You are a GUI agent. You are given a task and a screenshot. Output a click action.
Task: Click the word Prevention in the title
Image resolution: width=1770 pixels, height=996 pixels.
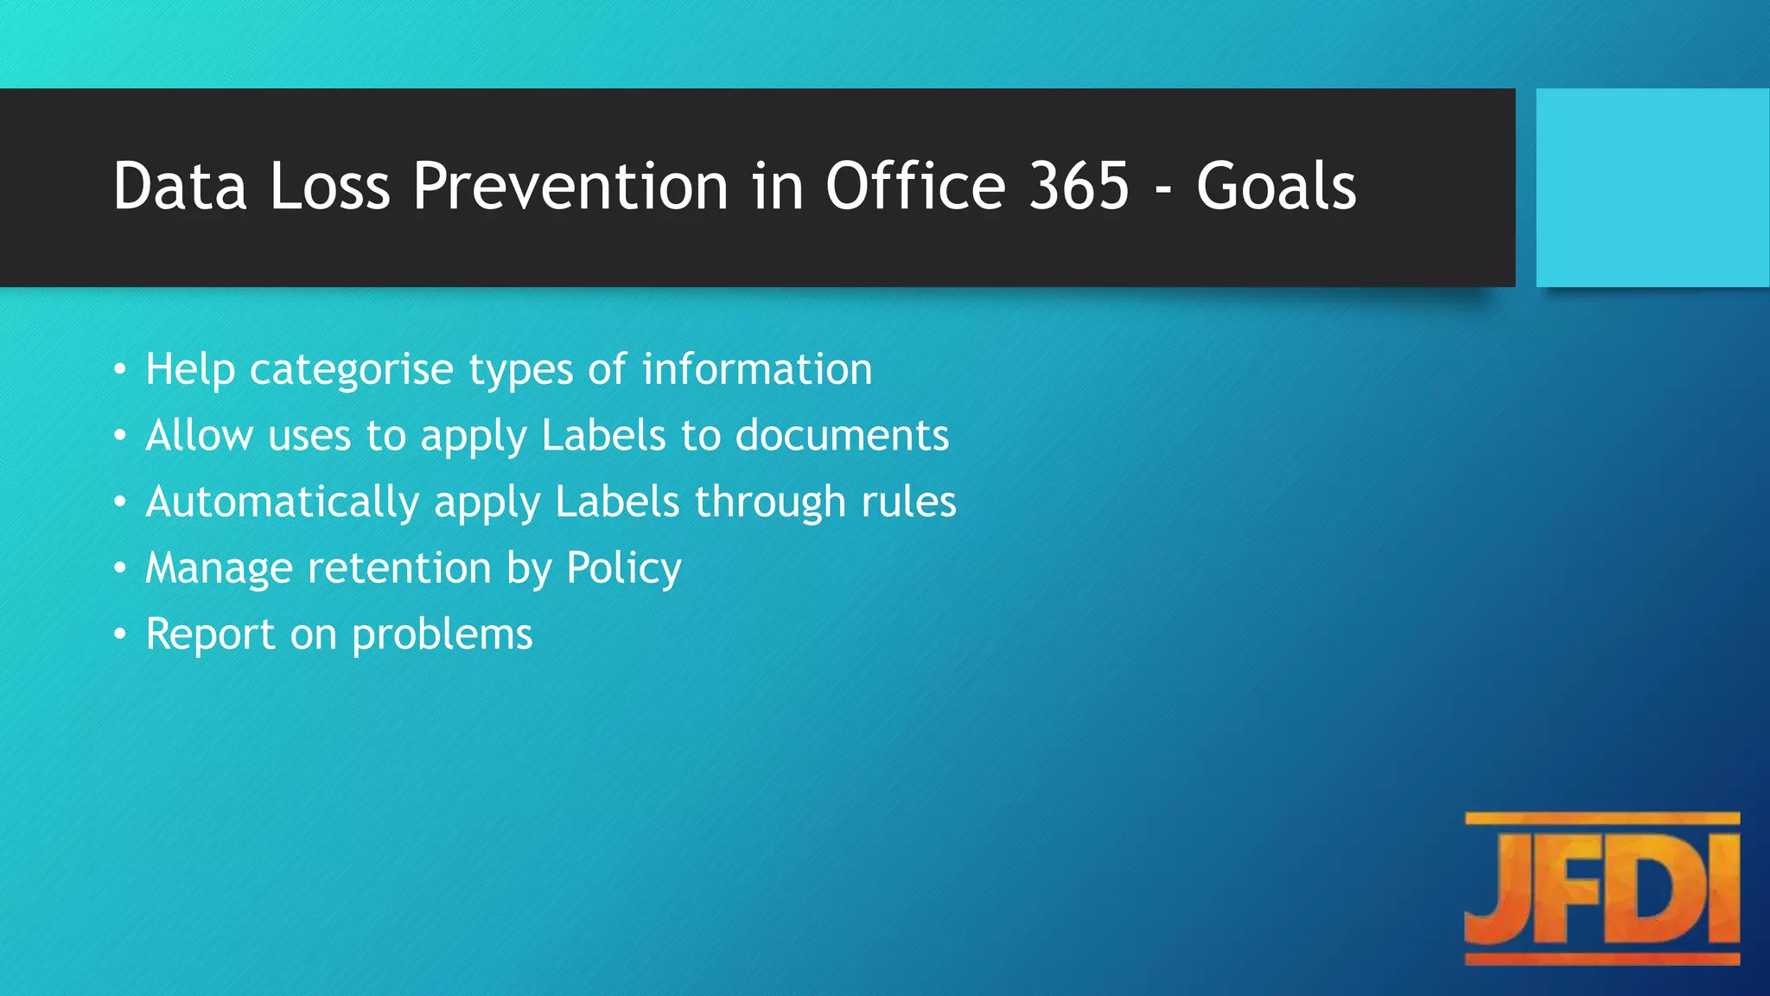click(x=570, y=186)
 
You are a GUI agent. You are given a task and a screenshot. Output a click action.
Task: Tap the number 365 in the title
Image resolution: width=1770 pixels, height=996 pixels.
click(x=1079, y=186)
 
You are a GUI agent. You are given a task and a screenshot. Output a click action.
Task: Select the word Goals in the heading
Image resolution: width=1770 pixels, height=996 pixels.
click(x=1276, y=186)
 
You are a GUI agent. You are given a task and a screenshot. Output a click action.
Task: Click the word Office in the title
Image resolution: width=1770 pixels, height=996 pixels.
click(x=916, y=186)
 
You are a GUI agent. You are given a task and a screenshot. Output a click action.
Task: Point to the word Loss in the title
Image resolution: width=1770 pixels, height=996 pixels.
click(x=329, y=186)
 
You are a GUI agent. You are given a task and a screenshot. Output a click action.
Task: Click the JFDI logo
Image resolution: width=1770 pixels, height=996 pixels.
click(x=1601, y=888)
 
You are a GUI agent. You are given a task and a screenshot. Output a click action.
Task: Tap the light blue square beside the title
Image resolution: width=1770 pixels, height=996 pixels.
click(x=1652, y=188)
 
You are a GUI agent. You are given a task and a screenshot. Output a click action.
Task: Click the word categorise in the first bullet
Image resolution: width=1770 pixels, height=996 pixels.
click(x=351, y=370)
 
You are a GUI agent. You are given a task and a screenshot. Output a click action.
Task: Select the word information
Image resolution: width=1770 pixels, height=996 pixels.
click(x=757, y=369)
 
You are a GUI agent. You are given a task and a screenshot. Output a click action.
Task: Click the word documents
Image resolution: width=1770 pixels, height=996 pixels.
click(x=842, y=435)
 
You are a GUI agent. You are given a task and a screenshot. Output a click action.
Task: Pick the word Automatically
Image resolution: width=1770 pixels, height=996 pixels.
click(x=282, y=502)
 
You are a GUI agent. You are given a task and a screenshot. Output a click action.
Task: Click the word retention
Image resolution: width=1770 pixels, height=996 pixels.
click(x=399, y=568)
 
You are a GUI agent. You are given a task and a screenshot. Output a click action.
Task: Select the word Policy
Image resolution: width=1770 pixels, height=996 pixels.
click(x=624, y=570)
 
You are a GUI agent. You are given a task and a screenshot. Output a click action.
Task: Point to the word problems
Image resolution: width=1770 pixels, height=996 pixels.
click(x=442, y=635)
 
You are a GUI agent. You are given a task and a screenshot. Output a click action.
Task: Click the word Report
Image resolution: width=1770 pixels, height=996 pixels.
click(x=210, y=635)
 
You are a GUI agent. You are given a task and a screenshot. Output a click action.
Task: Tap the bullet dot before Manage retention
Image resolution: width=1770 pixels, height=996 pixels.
click(x=120, y=568)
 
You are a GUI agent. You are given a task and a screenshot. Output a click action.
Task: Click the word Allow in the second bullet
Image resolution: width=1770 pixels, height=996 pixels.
click(x=199, y=435)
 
